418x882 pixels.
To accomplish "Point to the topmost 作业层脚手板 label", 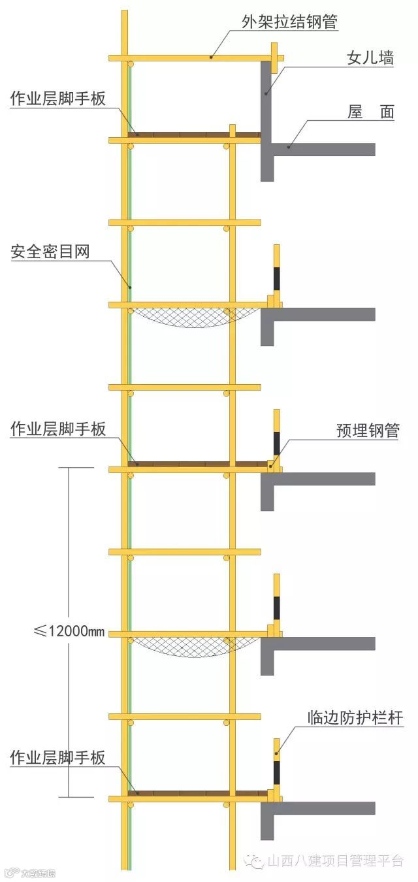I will [57, 99].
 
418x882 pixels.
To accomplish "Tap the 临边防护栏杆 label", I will [355, 719].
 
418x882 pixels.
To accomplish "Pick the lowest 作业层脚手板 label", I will [57, 759].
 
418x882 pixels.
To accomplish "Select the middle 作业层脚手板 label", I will [57, 429].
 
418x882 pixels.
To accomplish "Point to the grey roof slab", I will [327, 149].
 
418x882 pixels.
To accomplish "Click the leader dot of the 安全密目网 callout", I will [130, 287].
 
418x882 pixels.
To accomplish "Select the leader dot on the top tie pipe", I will [211, 57].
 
